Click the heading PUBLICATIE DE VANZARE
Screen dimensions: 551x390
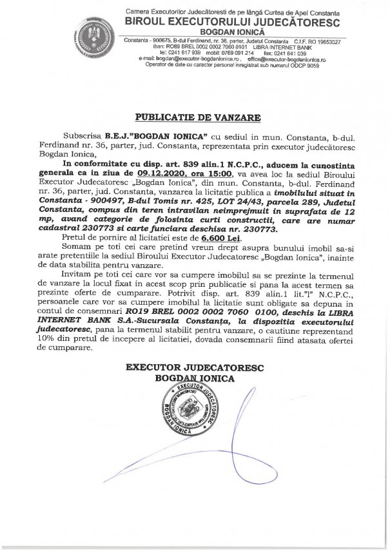click(x=195, y=118)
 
